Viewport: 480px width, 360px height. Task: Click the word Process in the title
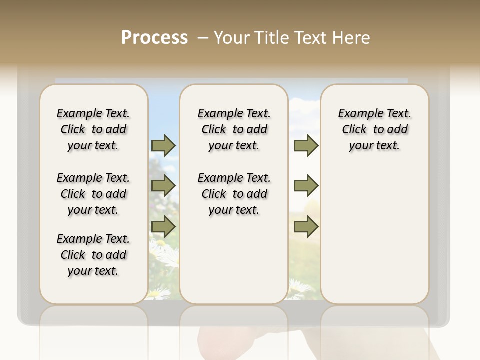pos(154,38)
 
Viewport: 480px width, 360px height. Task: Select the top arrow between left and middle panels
pos(163,145)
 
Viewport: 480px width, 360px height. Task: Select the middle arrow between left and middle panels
pos(163,186)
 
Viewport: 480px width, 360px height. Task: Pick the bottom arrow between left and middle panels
pos(163,227)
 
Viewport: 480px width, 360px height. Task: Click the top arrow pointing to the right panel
pos(306,145)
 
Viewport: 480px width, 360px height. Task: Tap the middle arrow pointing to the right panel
pos(306,186)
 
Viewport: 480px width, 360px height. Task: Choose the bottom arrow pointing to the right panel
pos(306,227)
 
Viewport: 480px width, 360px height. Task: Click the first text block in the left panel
pos(93,129)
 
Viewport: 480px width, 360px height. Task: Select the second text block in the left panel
pos(93,194)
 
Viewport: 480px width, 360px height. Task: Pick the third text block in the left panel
pos(93,255)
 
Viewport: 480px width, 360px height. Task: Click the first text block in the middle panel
pos(234,129)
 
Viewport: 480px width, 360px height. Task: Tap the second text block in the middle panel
pos(234,194)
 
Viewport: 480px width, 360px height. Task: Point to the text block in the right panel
pos(374,129)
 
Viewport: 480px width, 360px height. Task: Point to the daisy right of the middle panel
pos(300,287)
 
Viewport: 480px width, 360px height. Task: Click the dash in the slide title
pos(203,38)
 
